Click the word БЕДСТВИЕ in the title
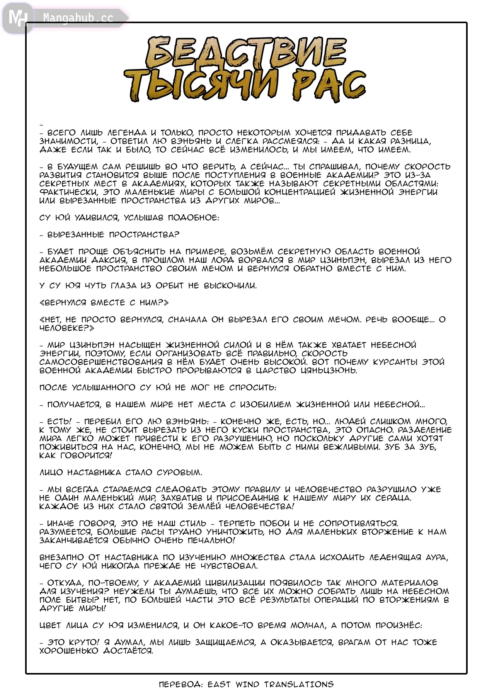[246, 53]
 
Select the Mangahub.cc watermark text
[78, 18]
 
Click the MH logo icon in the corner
[17, 18]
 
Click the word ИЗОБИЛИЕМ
[266, 404]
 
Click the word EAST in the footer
[219, 685]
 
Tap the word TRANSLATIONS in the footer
[299, 685]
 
